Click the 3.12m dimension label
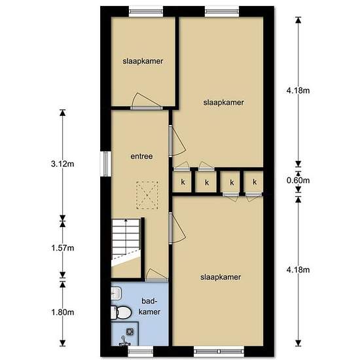pyautogui.click(x=62, y=164)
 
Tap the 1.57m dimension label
pyautogui.click(x=62, y=248)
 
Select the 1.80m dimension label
pyautogui.click(x=62, y=312)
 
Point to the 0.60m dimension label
pyautogui.click(x=298, y=180)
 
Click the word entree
pyautogui.click(x=141, y=156)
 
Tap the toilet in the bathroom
pyautogui.click(x=121, y=312)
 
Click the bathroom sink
pyautogui.click(x=116, y=293)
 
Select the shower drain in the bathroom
pyautogui.click(x=130, y=332)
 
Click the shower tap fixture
pyautogui.click(x=124, y=342)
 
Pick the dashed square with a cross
pyautogui.click(x=147, y=195)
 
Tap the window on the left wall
pyautogui.click(x=105, y=164)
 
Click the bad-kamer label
pyautogui.click(x=149, y=306)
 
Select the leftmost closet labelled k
pyautogui.click(x=183, y=182)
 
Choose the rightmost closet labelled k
pyautogui.click(x=254, y=182)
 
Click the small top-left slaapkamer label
pyautogui.click(x=143, y=62)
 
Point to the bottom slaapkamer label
pyautogui.click(x=221, y=277)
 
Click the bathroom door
pyautogui.click(x=156, y=276)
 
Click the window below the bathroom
pyautogui.click(x=140, y=351)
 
